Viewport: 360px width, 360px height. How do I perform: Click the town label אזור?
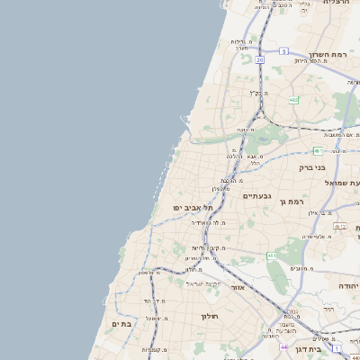click(238, 288)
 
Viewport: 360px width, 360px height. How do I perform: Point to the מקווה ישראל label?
click(203, 283)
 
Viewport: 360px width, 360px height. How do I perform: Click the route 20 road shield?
click(259, 60)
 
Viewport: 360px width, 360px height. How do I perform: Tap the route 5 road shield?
click(282, 51)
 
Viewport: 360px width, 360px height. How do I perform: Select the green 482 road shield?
click(293, 100)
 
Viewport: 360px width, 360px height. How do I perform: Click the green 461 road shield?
click(271, 256)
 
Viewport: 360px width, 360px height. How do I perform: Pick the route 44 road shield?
click(283, 346)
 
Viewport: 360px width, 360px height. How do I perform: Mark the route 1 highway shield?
click(336, 346)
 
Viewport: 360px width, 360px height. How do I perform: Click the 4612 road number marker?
click(339, 226)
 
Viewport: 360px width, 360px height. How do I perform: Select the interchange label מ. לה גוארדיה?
click(208, 221)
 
